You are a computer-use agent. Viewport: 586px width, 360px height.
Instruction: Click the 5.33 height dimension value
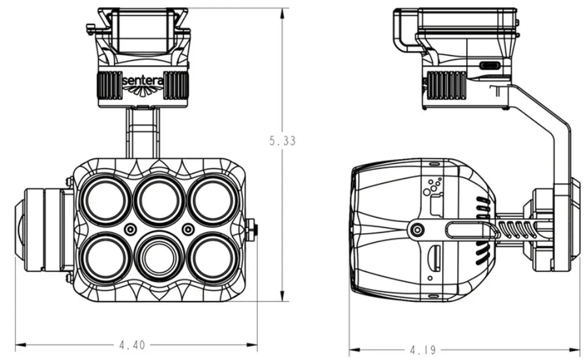(282, 141)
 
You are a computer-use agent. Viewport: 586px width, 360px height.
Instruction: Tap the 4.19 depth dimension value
(423, 350)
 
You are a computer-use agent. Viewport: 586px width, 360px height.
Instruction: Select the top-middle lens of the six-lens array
(159, 199)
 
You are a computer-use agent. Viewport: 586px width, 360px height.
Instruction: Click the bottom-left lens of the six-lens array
(107, 256)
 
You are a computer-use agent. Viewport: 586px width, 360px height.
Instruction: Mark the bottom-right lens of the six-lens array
(211, 256)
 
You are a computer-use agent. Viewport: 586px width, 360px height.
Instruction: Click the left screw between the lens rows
(131, 229)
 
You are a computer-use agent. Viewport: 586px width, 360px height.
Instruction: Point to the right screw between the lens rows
(188, 229)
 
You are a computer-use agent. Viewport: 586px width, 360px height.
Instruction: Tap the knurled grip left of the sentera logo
(109, 85)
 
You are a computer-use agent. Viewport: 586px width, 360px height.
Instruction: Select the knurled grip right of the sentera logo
(176, 85)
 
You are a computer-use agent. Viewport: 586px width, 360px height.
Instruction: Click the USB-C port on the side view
(489, 65)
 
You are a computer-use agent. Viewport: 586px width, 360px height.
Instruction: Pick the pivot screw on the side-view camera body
(417, 229)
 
